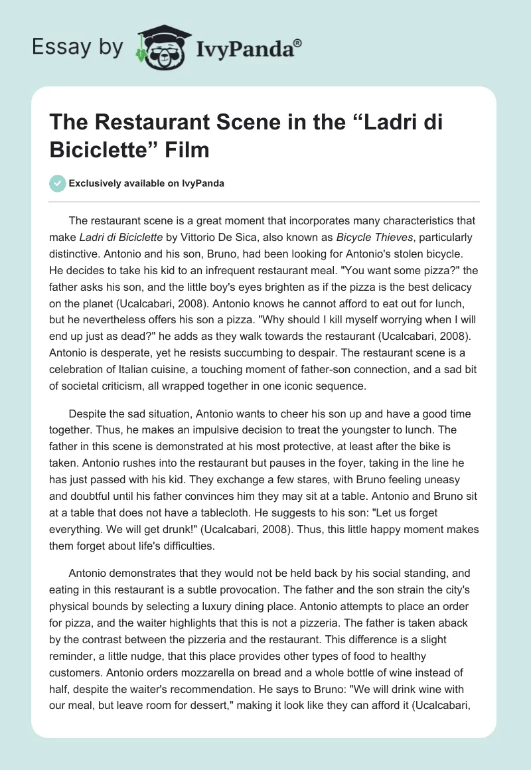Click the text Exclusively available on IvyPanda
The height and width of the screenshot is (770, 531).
[146, 183]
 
